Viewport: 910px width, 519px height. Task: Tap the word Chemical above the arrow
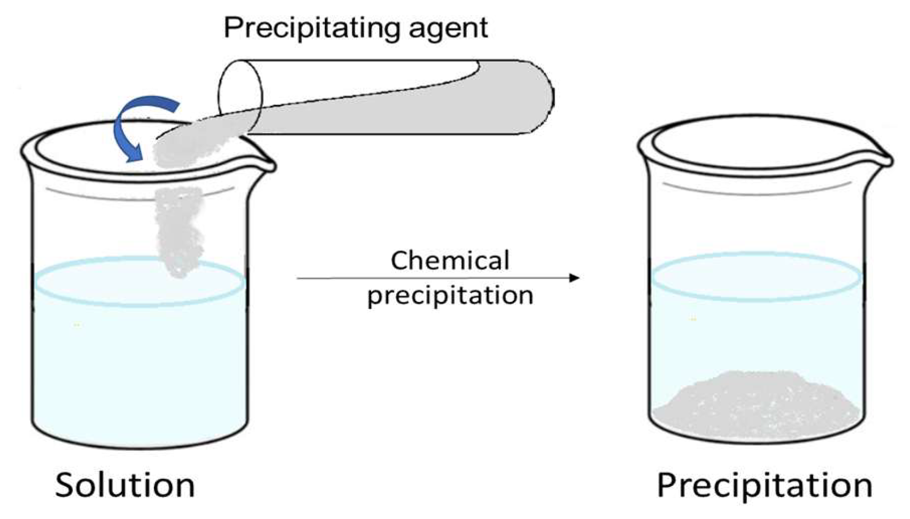click(450, 261)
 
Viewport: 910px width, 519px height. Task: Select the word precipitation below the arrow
click(450, 296)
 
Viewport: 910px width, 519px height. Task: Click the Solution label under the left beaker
click(125, 485)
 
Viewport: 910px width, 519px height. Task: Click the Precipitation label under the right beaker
click(764, 485)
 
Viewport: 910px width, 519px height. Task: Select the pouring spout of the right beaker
click(882, 158)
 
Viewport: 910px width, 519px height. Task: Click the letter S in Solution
click(68, 485)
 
